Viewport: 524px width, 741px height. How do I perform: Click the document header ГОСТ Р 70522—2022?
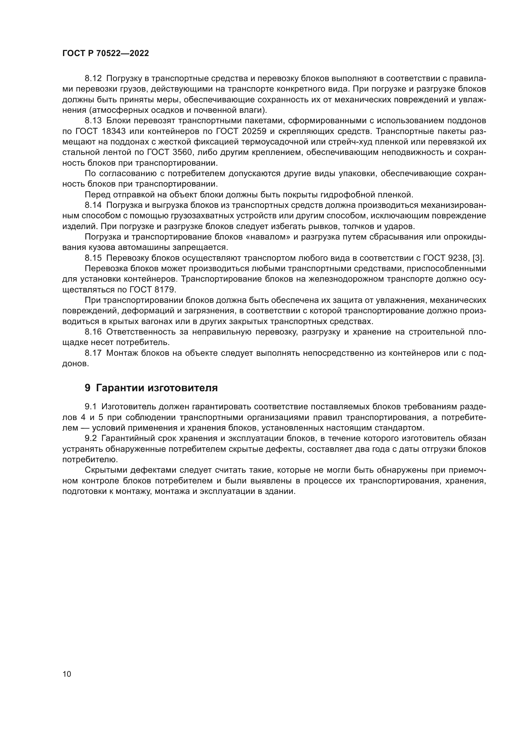pos(105,54)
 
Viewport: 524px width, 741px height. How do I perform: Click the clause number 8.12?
pos(93,79)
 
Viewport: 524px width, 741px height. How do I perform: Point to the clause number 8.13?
pos(93,121)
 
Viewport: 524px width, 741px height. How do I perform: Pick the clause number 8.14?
pos(93,205)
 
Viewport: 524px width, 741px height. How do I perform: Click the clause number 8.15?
pos(93,258)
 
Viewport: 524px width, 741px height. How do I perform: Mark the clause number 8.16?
pos(93,332)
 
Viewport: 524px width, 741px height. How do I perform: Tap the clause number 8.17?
pos(93,353)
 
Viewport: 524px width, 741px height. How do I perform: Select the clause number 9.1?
pos(91,407)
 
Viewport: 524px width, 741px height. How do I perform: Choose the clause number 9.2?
pos(91,438)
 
